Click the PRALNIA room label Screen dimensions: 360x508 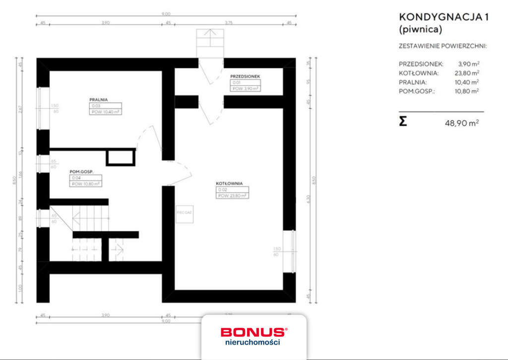click(x=99, y=99)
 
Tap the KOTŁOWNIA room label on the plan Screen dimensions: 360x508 click(x=229, y=183)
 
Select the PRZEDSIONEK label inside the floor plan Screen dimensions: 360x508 click(x=245, y=76)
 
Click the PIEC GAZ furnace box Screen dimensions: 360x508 click(x=184, y=213)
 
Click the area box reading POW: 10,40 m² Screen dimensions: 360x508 click(x=106, y=112)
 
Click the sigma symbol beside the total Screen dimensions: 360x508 click(x=403, y=121)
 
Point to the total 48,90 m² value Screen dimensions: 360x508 click(x=462, y=122)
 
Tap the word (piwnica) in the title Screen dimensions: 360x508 click(x=420, y=29)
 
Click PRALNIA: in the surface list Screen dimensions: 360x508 click(x=412, y=82)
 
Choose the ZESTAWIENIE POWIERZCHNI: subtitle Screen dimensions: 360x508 click(x=443, y=46)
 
